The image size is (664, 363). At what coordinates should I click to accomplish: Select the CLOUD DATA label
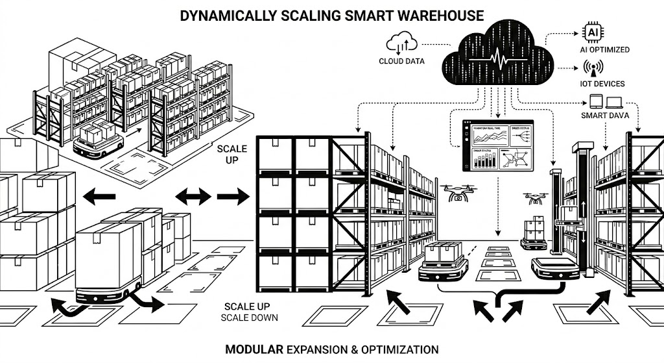pos(401,62)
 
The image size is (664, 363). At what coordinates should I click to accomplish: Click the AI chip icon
pos(592,32)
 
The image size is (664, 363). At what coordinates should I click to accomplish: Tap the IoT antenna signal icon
pos(591,68)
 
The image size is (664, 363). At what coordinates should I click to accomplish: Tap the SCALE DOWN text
pos(249,318)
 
